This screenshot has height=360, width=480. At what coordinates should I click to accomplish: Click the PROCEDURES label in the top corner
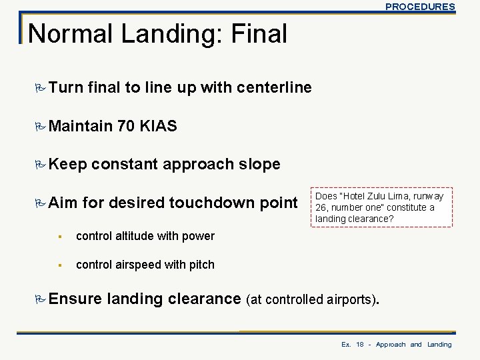pyautogui.click(x=420, y=7)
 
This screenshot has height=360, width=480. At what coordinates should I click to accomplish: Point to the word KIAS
pyautogui.click(x=158, y=126)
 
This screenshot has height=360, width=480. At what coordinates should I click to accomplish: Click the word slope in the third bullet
pyautogui.click(x=257, y=164)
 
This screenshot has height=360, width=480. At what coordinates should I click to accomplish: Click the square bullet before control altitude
pyautogui.click(x=59, y=236)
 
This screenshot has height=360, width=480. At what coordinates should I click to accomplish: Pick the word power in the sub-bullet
pyautogui.click(x=199, y=236)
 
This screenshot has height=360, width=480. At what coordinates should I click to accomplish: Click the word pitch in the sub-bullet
pyautogui.click(x=201, y=265)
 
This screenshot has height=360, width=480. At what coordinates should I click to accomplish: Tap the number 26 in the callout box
pyautogui.click(x=321, y=208)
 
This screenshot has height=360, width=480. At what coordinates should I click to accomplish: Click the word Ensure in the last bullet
pyautogui.click(x=71, y=299)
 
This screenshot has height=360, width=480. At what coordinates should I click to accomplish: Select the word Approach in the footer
pyautogui.click(x=391, y=345)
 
